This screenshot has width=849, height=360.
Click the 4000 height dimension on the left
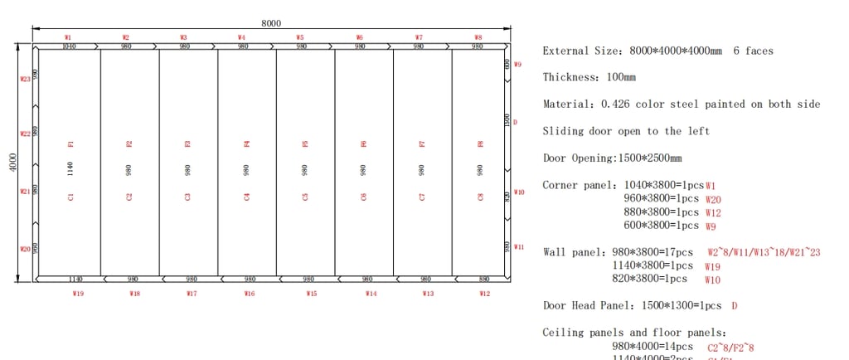pos(9,163)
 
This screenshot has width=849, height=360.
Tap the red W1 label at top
pos(68,37)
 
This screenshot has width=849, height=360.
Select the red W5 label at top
pos(299,37)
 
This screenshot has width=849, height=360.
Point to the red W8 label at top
pos(478,37)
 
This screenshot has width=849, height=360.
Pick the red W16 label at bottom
pos(250,294)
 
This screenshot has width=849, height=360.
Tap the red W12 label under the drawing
pos(485,294)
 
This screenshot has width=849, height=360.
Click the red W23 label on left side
pos(25,80)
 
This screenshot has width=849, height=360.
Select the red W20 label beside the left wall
pos(25,249)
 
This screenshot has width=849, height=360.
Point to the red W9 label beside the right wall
pos(517,64)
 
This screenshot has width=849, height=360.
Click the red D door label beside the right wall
pos(515,122)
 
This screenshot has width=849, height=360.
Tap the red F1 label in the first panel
pos(71,144)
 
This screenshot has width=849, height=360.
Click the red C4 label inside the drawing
pos(247,197)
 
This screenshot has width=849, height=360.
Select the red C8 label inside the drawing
pos(480,197)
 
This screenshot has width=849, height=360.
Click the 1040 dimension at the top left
pos(70,47)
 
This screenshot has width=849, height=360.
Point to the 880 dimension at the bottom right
pos(484,280)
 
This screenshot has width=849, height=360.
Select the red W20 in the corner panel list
pos(712,199)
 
